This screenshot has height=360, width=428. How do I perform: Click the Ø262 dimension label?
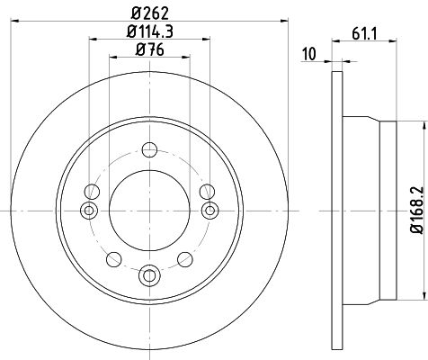coord(150,13)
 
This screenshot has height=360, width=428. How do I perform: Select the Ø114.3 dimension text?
coord(150,31)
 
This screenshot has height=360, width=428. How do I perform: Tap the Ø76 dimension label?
coord(150,49)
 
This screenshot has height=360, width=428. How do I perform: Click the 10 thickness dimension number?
coord(309,54)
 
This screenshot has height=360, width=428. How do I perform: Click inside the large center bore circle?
coord(149,211)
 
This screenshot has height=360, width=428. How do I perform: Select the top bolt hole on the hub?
coord(149,149)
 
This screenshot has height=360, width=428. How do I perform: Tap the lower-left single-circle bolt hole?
coord(114,259)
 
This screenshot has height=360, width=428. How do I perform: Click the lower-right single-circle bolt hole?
coord(185,259)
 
